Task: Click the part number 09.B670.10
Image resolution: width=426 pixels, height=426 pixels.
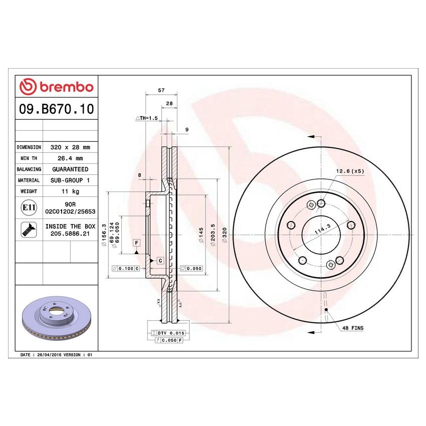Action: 56,109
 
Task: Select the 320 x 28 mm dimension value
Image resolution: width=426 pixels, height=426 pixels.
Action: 70,148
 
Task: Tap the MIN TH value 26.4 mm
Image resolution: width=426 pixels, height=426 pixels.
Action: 70,158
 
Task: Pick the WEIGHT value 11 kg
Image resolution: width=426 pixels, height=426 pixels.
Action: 70,191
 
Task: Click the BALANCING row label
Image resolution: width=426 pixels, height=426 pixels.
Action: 29,169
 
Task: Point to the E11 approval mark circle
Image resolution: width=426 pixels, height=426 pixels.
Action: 28,207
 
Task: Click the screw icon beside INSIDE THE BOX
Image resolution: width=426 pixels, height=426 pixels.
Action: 28,230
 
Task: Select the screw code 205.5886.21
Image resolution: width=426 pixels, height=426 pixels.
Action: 70,234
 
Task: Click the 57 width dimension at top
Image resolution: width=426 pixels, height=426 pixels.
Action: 161,90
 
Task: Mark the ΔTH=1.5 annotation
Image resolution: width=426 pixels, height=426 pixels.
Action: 147,118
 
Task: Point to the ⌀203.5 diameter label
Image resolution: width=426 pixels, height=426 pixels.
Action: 212,233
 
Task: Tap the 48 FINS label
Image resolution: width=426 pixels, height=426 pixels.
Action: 353,328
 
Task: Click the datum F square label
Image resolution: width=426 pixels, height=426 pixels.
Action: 136,243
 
